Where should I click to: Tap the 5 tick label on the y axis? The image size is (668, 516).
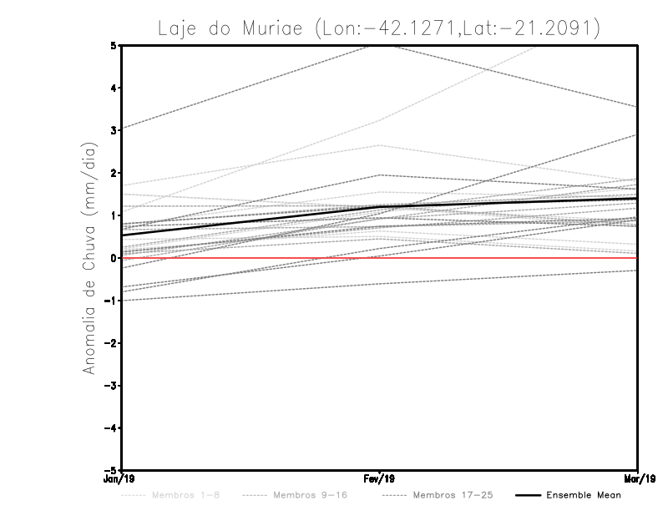(114, 45)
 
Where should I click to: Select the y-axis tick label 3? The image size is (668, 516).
(114, 130)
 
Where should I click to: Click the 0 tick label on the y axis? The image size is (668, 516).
(114, 258)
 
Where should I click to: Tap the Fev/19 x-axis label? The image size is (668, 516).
(380, 479)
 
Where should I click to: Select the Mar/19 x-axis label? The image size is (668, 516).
(637, 479)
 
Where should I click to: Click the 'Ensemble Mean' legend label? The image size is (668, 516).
(584, 495)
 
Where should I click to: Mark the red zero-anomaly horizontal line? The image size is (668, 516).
(250, 258)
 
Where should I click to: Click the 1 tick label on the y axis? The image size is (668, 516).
(114, 215)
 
